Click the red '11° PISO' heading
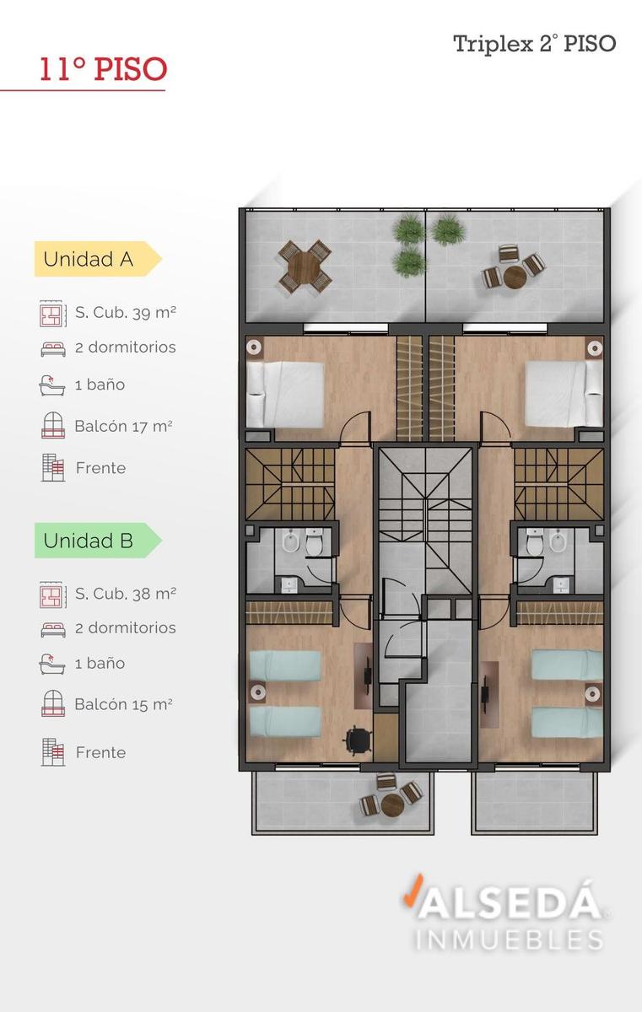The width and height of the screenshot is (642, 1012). pos(104,69)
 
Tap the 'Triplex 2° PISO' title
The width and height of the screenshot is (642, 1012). pos(535,44)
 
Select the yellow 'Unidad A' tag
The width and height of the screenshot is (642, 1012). pos(98,259)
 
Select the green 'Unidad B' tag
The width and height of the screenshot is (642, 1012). pos(98,541)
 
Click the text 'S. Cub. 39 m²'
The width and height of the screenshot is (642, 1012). pos(125,313)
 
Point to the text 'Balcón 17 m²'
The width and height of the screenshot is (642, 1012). pos(123,426)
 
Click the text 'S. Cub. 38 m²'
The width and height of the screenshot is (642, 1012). pos(125,594)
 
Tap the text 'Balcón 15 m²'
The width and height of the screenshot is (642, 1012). pos(123,704)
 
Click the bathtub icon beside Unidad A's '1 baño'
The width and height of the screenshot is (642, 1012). pos(52,385)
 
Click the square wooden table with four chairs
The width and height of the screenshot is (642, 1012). pos(305,266)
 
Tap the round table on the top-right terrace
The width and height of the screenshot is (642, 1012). pos(515,277)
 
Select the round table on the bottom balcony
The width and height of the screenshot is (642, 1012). pos(392,805)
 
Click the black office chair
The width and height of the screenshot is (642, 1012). pos(358,740)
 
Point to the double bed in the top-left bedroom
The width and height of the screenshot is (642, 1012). pos(285,395)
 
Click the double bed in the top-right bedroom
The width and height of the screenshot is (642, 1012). pos(564,394)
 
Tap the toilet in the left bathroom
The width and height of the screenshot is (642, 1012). pos(313,541)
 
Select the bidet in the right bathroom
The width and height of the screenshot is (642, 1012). pos(558,541)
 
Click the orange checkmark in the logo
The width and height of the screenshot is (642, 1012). pos(413,890)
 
